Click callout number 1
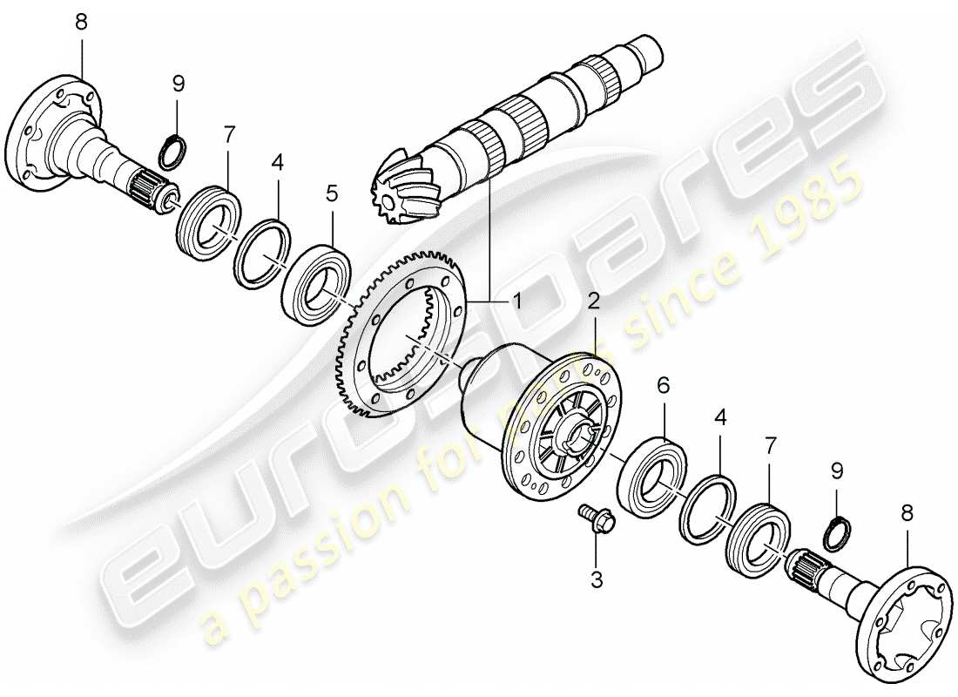516,301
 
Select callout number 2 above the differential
593,302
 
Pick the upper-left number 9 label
178,84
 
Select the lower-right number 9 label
837,471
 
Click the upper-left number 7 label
229,134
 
